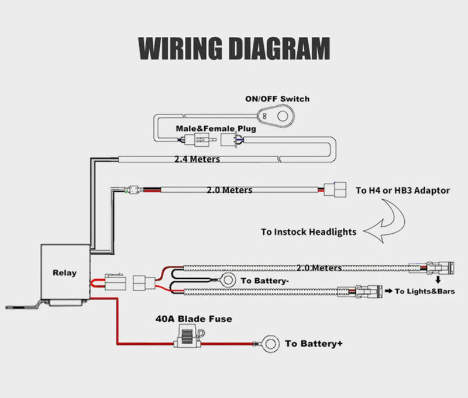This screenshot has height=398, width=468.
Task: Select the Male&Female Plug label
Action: click(213, 128)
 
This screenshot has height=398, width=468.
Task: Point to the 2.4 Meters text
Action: click(197, 159)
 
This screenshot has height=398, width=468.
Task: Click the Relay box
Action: click(64, 272)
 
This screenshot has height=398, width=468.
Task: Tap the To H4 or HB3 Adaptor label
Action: click(402, 190)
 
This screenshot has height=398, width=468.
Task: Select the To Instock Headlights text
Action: click(308, 231)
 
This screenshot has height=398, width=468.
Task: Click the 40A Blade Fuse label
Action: click(193, 319)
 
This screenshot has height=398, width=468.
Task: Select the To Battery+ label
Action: click(314, 344)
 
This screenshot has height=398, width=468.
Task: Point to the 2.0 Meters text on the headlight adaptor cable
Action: click(229, 190)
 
